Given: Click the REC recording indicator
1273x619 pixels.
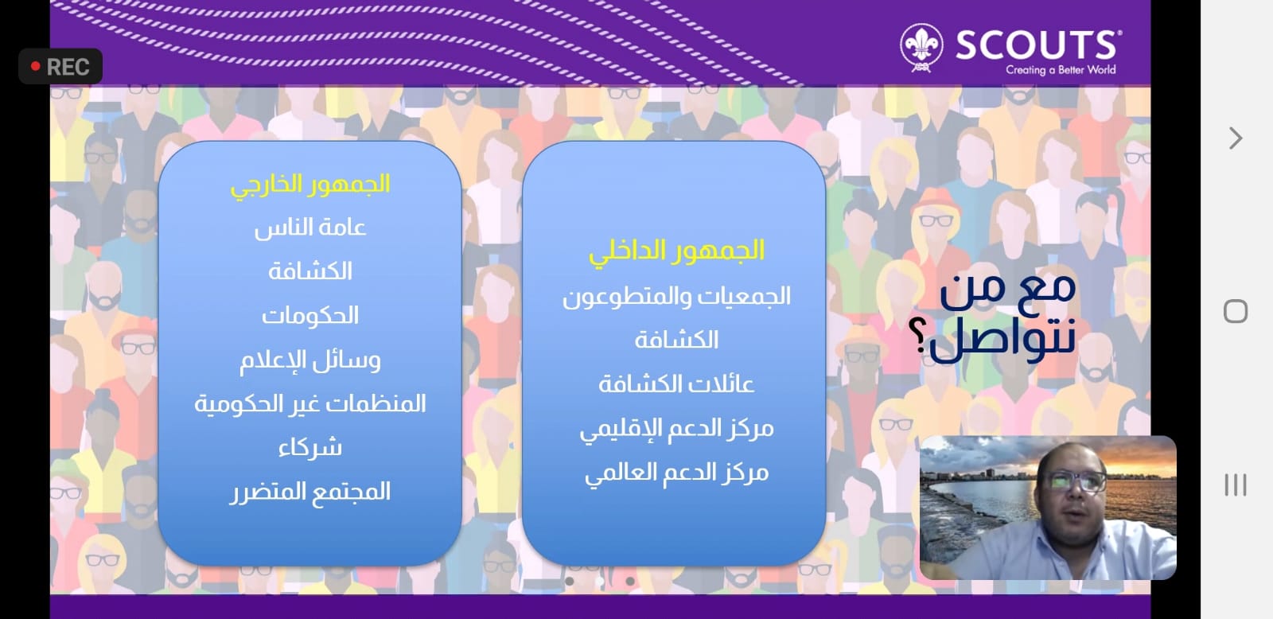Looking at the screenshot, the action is [x=60, y=67].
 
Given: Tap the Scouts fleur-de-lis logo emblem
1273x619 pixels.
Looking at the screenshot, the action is [x=921, y=48].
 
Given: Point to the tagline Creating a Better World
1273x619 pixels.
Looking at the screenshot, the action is [x=1061, y=70].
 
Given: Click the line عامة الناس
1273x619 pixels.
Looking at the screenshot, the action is [x=310, y=228].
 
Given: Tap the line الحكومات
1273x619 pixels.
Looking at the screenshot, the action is [x=310, y=315].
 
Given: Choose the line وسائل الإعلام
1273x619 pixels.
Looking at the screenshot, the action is [x=310, y=360].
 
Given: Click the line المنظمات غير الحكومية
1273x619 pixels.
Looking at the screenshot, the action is [x=310, y=404].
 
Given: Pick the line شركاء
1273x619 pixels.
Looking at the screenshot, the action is [x=310, y=448].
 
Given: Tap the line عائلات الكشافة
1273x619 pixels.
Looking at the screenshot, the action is [x=676, y=384].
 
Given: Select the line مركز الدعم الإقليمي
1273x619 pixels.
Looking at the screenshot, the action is [x=676, y=429].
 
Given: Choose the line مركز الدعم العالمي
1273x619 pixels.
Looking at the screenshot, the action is [x=676, y=473].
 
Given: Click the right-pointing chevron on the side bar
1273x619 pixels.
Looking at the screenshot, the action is [x=1236, y=138].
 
